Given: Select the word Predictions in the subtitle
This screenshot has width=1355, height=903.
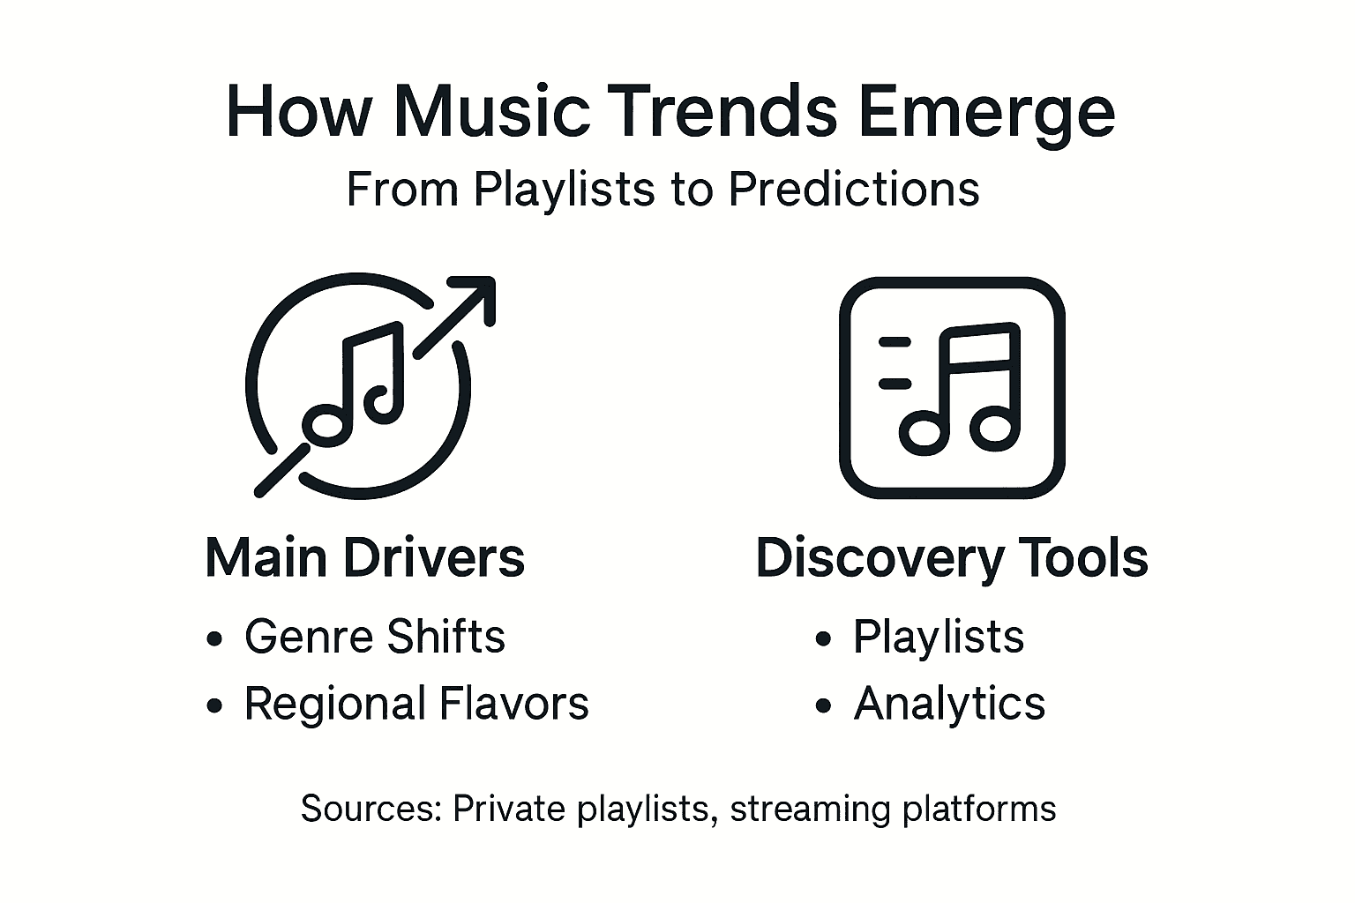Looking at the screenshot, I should (x=854, y=189).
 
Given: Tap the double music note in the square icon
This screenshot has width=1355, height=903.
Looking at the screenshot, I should (x=960, y=388).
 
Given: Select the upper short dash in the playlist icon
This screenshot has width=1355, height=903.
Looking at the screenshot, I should (x=895, y=340).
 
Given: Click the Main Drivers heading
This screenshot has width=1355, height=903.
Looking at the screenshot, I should (x=364, y=558).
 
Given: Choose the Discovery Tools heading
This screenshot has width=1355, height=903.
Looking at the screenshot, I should (x=952, y=558).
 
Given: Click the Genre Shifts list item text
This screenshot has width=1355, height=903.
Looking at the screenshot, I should (x=375, y=637).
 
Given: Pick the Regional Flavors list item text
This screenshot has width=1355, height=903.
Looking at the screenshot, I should (x=416, y=704).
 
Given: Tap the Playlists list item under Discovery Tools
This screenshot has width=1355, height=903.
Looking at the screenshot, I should (x=939, y=637).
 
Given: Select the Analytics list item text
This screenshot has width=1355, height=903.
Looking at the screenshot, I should (x=949, y=704).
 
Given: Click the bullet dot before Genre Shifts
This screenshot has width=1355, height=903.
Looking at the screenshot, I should (x=213, y=639).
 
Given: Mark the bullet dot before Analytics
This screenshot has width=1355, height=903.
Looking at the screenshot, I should (x=823, y=705).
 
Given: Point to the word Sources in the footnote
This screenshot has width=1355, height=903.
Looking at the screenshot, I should (x=370, y=809).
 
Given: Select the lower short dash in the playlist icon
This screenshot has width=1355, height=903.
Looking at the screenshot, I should (x=895, y=383).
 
